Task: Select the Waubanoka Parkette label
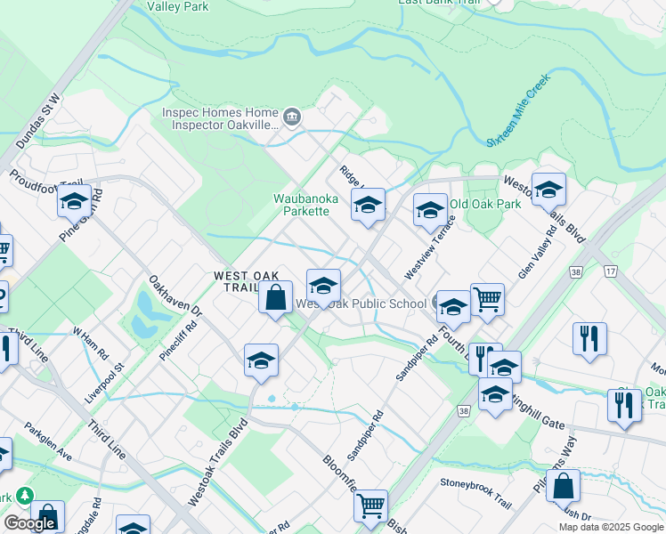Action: pos(301,205)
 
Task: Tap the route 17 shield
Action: pos(610,270)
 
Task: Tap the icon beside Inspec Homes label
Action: pos(291,117)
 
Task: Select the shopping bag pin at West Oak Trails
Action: pos(276,297)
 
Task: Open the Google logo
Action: pos(28,523)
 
